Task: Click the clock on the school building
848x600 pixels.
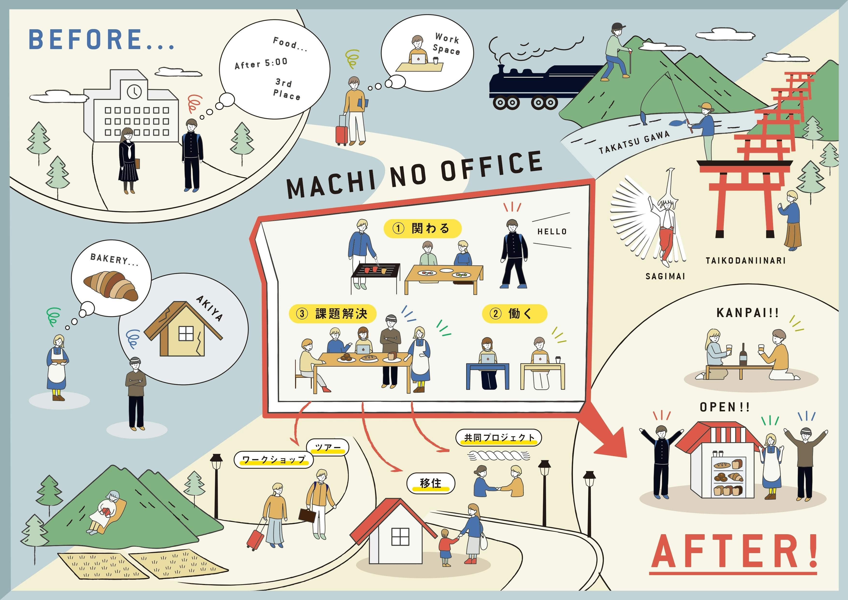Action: tap(134, 91)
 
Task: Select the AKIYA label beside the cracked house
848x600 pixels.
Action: tap(209, 308)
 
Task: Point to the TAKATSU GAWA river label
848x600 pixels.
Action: tap(634, 142)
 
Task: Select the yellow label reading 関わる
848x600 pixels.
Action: tap(423, 228)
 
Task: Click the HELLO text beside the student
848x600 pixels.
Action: tap(552, 232)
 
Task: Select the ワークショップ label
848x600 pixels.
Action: tap(274, 459)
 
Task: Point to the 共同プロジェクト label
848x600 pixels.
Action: tap(499, 438)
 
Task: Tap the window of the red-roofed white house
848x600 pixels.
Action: tap(400, 536)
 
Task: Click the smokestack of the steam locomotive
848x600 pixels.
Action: tap(501, 71)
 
